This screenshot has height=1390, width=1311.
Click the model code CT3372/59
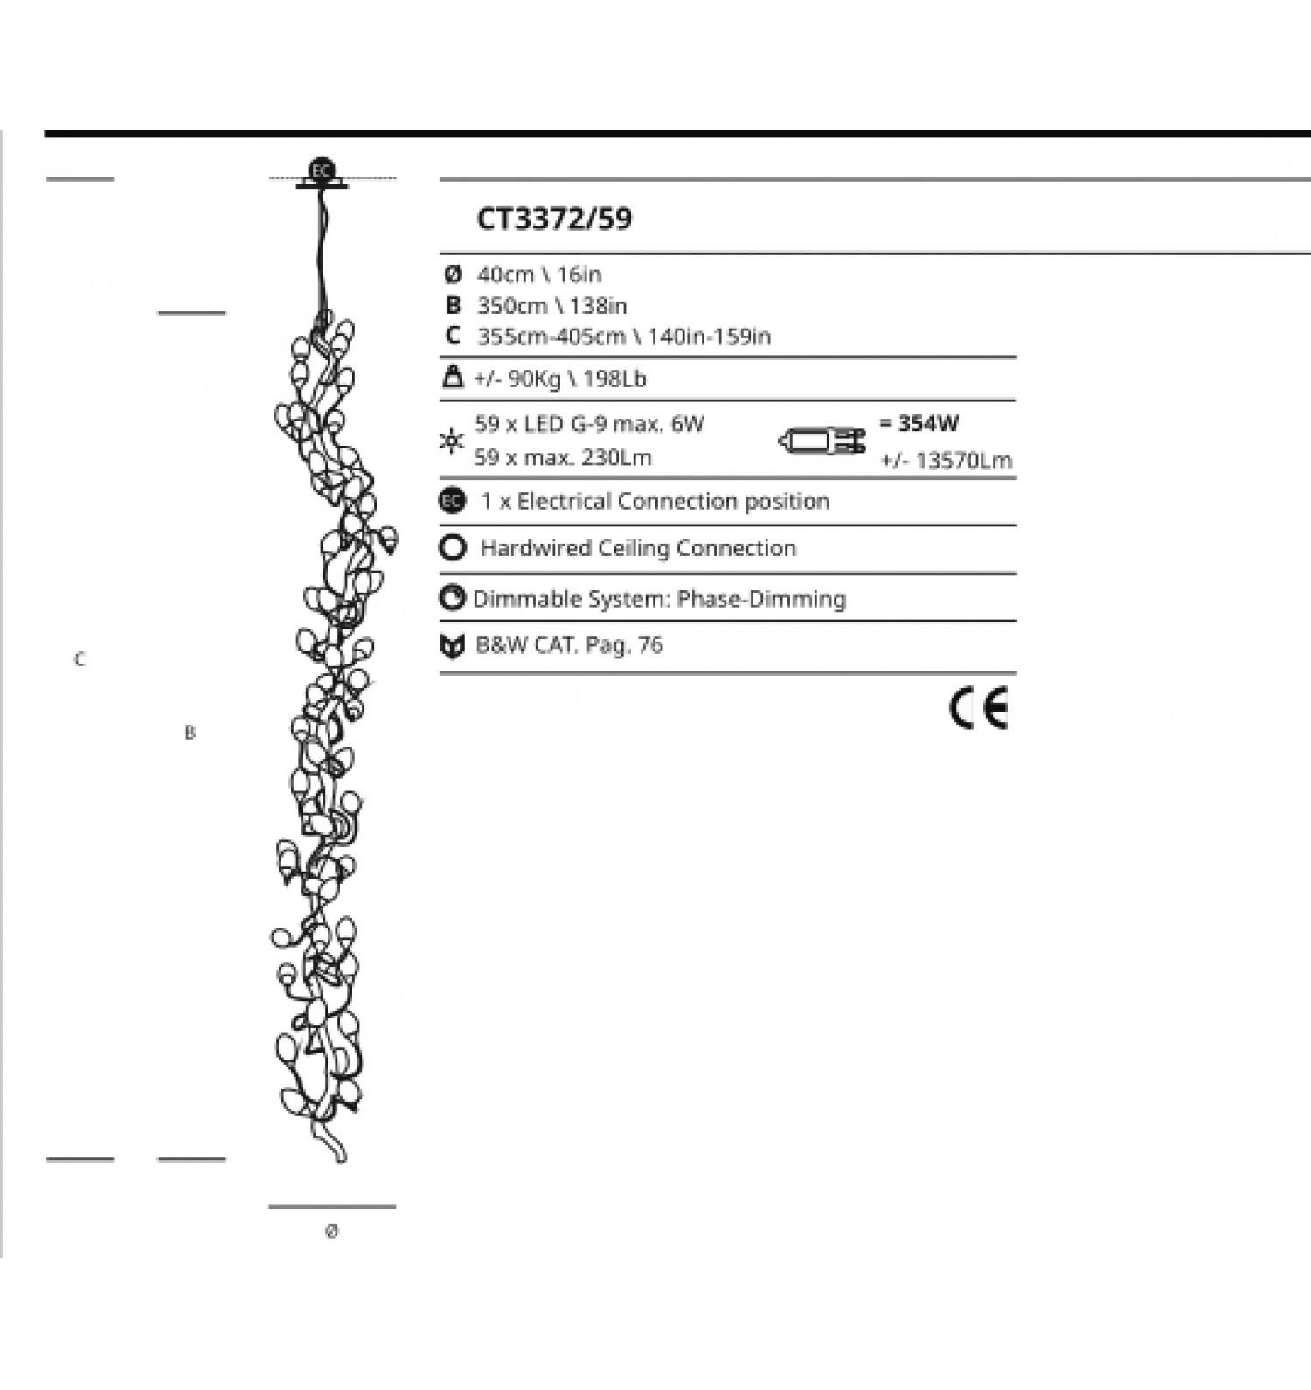(x=554, y=219)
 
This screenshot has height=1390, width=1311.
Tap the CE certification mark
(x=978, y=708)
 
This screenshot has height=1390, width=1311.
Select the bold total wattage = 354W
(x=919, y=423)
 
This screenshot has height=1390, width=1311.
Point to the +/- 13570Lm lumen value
(x=946, y=460)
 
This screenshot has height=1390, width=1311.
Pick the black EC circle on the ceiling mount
(x=322, y=170)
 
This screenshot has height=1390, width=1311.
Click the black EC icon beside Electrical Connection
(x=452, y=501)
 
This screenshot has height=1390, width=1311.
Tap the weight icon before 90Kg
(x=453, y=378)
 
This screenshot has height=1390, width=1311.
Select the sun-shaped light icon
(x=452, y=441)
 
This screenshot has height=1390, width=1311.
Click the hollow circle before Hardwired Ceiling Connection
(x=453, y=548)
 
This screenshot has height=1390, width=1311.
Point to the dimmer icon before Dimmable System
(x=452, y=598)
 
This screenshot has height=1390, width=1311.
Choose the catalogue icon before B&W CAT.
(x=452, y=646)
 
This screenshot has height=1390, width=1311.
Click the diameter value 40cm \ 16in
(x=539, y=275)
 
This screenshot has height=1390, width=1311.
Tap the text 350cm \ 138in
(x=551, y=306)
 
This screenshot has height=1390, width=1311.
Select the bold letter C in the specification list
(x=452, y=336)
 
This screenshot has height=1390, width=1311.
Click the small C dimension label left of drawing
(x=80, y=659)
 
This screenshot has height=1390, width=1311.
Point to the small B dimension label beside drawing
(x=190, y=733)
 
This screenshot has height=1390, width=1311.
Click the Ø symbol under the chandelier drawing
(x=331, y=1231)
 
